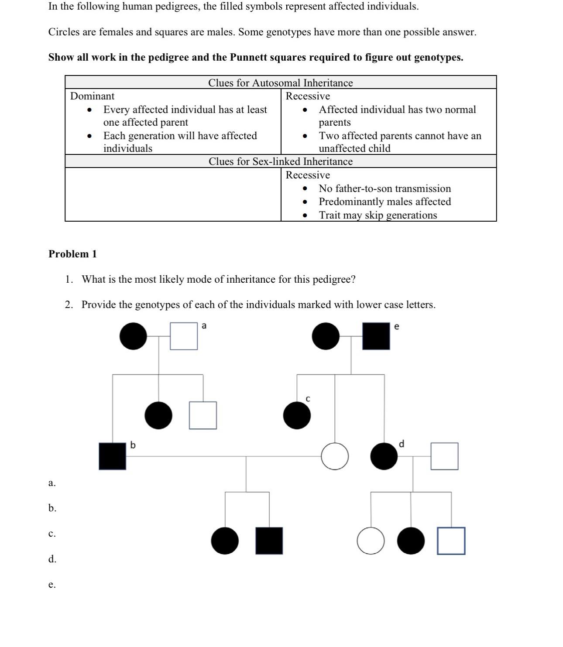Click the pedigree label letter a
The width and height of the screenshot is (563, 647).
(x=204, y=326)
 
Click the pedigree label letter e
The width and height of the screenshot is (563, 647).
(x=396, y=326)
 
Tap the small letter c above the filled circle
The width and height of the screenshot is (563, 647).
(x=308, y=399)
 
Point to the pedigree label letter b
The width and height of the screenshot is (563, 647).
(x=133, y=445)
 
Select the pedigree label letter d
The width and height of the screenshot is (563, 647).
(x=402, y=444)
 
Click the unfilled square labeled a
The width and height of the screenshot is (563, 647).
(x=183, y=336)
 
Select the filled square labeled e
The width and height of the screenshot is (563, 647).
(x=376, y=336)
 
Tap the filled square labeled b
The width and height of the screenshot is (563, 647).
(x=112, y=456)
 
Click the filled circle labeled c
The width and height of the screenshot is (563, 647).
(x=297, y=415)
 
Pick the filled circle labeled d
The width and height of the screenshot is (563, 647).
(x=384, y=456)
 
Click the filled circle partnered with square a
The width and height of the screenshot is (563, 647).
(x=133, y=336)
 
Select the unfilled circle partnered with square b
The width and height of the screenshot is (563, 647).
(x=335, y=456)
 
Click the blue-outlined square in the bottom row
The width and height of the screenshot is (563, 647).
(x=451, y=541)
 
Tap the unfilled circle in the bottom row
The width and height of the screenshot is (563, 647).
(x=371, y=541)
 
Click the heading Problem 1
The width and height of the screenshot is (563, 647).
(x=72, y=254)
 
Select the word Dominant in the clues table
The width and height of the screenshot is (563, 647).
(x=92, y=96)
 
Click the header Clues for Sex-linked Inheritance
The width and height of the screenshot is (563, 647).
(x=280, y=161)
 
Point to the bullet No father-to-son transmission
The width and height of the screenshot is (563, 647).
(x=384, y=188)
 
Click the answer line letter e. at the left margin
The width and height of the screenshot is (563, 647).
(x=52, y=585)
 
